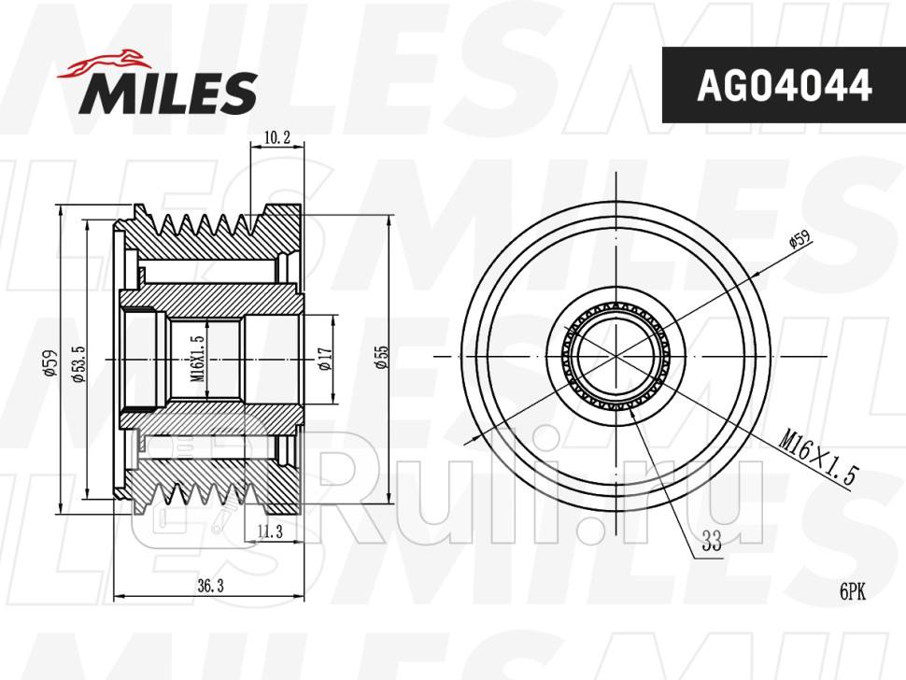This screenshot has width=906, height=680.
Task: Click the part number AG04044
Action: pos(784,85)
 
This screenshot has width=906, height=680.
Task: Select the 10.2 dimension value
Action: pos(276,137)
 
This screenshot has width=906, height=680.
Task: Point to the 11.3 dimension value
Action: pos(270,531)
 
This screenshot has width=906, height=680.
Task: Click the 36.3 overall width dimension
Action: pos(210,586)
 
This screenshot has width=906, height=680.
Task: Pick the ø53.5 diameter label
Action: pos(78,364)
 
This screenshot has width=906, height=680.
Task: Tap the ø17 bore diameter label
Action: pos(325,359)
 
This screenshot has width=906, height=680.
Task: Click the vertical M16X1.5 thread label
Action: pos(197,358)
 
